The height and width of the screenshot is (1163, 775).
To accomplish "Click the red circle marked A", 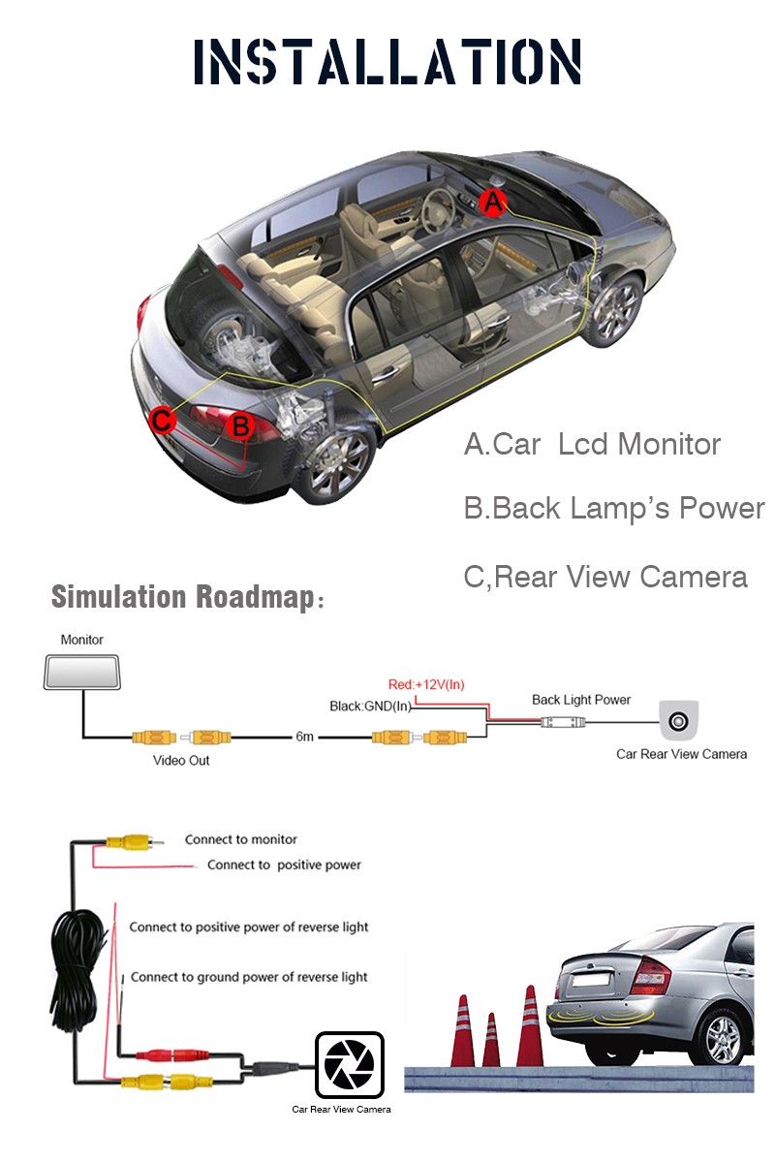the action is click(492, 202).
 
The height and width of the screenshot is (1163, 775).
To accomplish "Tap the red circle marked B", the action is click(240, 425).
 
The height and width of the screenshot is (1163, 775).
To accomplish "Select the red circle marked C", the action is click(162, 420).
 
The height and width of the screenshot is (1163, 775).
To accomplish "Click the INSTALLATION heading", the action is click(387, 61).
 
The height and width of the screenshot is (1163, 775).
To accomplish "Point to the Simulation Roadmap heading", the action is click(187, 596).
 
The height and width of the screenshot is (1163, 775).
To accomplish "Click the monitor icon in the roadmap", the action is click(82, 672).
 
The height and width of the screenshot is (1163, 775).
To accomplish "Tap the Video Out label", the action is click(180, 760).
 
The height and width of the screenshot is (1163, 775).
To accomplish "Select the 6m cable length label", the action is click(304, 737).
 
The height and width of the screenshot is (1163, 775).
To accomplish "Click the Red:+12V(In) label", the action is click(426, 684).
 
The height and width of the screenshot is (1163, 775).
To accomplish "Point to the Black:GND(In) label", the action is click(370, 707).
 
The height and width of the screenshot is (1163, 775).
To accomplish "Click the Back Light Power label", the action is click(581, 700).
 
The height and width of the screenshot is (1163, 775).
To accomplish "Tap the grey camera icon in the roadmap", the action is click(678, 720).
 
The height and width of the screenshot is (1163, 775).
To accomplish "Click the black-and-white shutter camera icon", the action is click(350, 1064).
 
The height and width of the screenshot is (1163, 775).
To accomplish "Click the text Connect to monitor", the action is click(241, 839).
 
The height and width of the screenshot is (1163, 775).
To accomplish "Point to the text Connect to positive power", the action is click(284, 864).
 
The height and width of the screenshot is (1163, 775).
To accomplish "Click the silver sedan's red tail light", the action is click(650, 976).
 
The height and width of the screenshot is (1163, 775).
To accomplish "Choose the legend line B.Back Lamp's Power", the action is click(614, 508).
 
